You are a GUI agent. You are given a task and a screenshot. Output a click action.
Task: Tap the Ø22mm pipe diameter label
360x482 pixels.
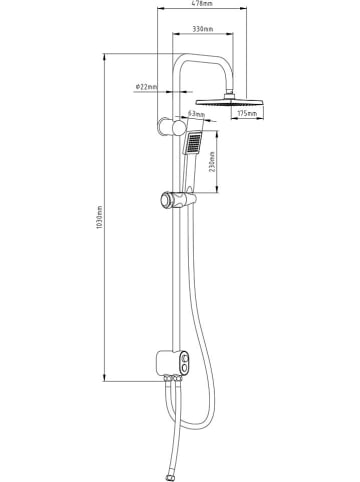pyautogui.click(x=146, y=88)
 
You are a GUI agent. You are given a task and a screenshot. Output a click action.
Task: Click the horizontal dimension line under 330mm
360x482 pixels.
pyautogui.click(x=204, y=38)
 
